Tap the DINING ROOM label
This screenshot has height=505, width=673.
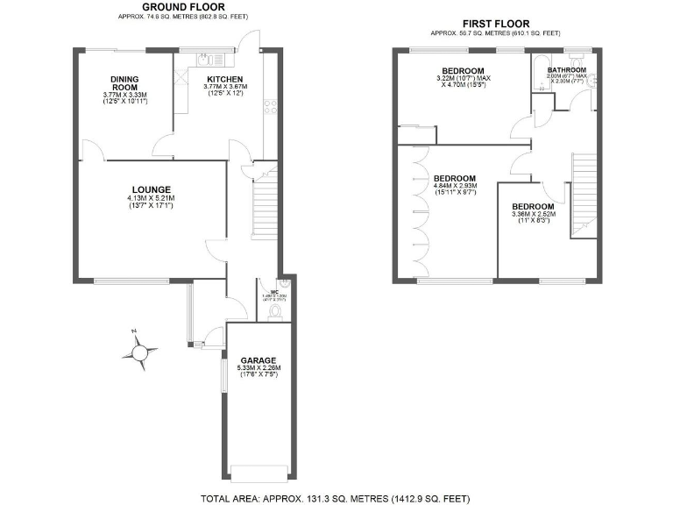[124, 82]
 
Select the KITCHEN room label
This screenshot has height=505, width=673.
[225, 79]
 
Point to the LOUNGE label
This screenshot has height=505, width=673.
[151, 189]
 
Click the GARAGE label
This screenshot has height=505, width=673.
[259, 360]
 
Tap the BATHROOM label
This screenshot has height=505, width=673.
[566, 70]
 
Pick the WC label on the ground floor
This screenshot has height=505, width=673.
[274, 291]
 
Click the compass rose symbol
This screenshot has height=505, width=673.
[140, 352]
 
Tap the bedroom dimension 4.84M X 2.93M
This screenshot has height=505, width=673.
[454, 189]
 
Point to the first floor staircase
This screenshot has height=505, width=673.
[582, 193]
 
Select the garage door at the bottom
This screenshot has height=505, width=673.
[259, 471]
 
